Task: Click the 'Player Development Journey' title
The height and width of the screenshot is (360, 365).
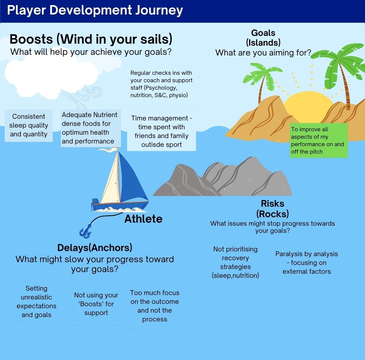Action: point(95,10)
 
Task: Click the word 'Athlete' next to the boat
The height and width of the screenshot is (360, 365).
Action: point(143,219)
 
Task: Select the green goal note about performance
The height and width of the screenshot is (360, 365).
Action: point(318,140)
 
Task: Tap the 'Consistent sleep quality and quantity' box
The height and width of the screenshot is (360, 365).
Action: point(29,126)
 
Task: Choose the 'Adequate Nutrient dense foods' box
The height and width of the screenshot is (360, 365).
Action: point(90,128)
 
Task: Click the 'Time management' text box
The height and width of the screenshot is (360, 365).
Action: point(162,132)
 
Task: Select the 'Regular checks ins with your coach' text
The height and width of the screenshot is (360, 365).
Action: point(162,84)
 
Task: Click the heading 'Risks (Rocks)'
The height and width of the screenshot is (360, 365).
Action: point(272,209)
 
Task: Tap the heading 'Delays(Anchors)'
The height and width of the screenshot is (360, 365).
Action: point(95,248)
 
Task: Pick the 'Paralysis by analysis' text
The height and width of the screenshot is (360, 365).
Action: point(307,263)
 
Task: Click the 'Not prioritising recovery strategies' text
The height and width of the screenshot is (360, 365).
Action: point(235,262)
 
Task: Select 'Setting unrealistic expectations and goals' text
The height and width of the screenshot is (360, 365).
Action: point(36,301)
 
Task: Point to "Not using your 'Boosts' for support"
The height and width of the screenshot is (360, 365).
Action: point(96,304)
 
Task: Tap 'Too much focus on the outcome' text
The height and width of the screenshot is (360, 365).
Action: point(155,306)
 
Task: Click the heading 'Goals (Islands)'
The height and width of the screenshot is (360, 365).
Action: point(263,38)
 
